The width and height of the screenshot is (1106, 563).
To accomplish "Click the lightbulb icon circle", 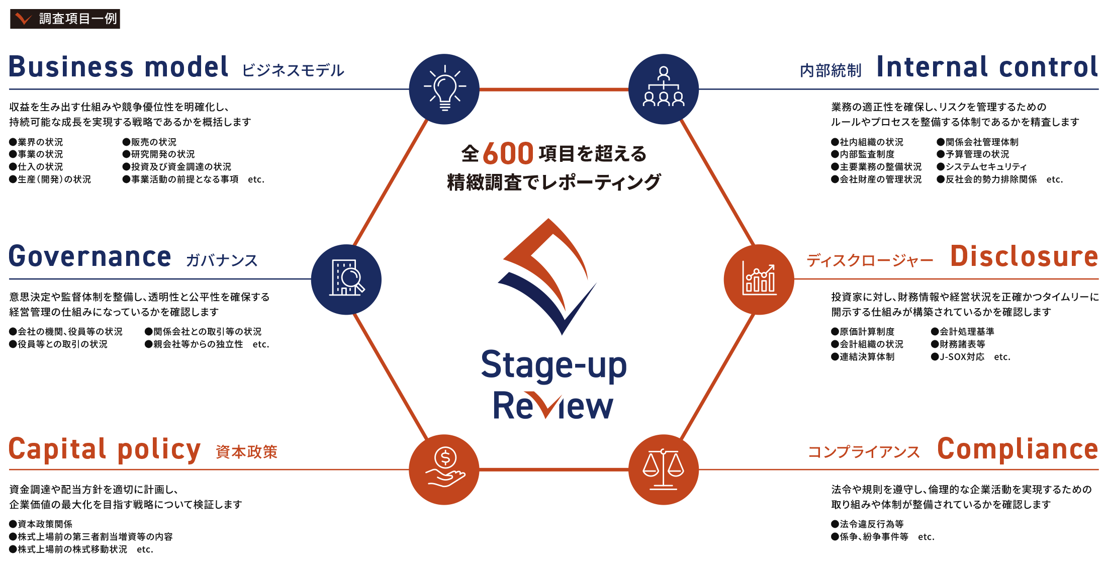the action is [444, 89].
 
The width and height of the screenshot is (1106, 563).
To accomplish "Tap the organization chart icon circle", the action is [664, 89].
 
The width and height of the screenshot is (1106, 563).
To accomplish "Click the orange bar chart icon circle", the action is [759, 279].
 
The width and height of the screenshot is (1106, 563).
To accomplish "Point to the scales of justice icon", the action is [664, 470].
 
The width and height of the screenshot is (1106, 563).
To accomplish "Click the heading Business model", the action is [119, 67].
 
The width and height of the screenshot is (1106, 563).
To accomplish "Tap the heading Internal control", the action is [987, 67].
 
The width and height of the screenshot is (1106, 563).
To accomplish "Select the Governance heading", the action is [90, 256].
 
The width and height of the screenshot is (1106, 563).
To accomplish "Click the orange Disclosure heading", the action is [1025, 256].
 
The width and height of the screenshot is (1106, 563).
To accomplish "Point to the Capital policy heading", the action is [105, 449].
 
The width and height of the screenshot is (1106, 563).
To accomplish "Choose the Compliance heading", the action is [1018, 449].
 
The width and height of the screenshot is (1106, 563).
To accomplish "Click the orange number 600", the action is [508, 153].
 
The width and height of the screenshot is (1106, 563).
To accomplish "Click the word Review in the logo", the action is [553, 405].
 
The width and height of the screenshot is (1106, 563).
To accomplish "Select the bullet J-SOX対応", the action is [958, 357].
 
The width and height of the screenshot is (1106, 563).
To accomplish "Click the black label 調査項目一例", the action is [65, 19].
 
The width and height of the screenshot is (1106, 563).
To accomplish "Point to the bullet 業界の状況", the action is [36, 142].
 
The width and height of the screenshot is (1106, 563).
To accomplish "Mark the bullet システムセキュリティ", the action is [982, 167].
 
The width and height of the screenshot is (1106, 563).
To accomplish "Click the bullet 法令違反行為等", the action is [867, 524].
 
